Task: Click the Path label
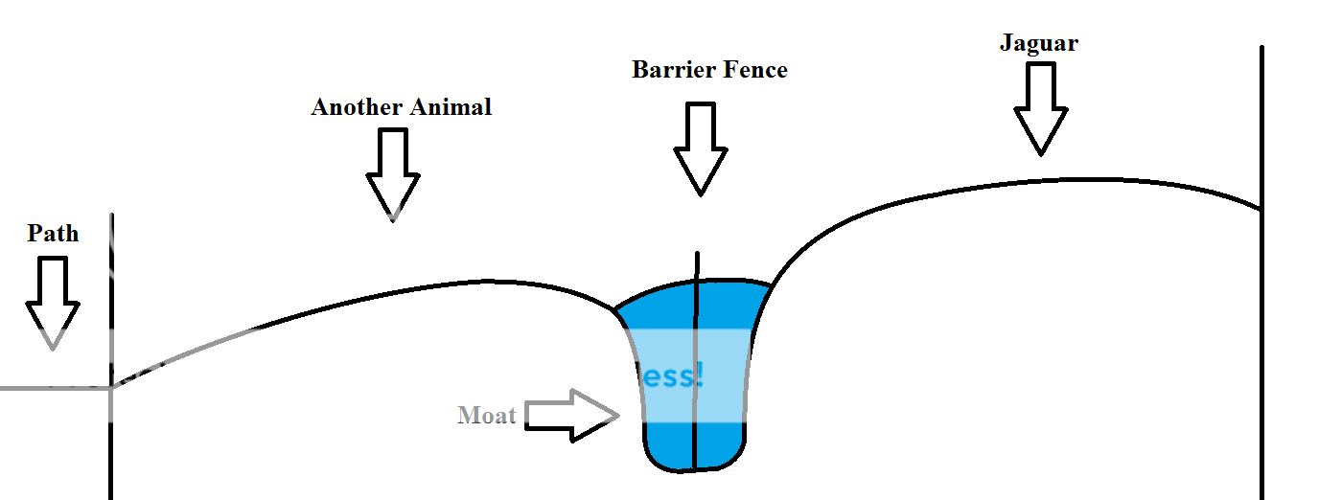click(x=53, y=234)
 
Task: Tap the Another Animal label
click(x=401, y=107)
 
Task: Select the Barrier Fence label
click(x=709, y=70)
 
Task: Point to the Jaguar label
click(x=1038, y=43)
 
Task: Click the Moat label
click(x=487, y=416)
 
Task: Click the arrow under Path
click(x=53, y=302)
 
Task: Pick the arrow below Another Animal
click(x=393, y=172)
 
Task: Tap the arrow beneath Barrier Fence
click(x=701, y=148)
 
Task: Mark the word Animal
click(x=451, y=107)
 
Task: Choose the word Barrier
click(x=671, y=70)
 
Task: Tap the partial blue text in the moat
click(x=671, y=375)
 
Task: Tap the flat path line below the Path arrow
click(x=53, y=388)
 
